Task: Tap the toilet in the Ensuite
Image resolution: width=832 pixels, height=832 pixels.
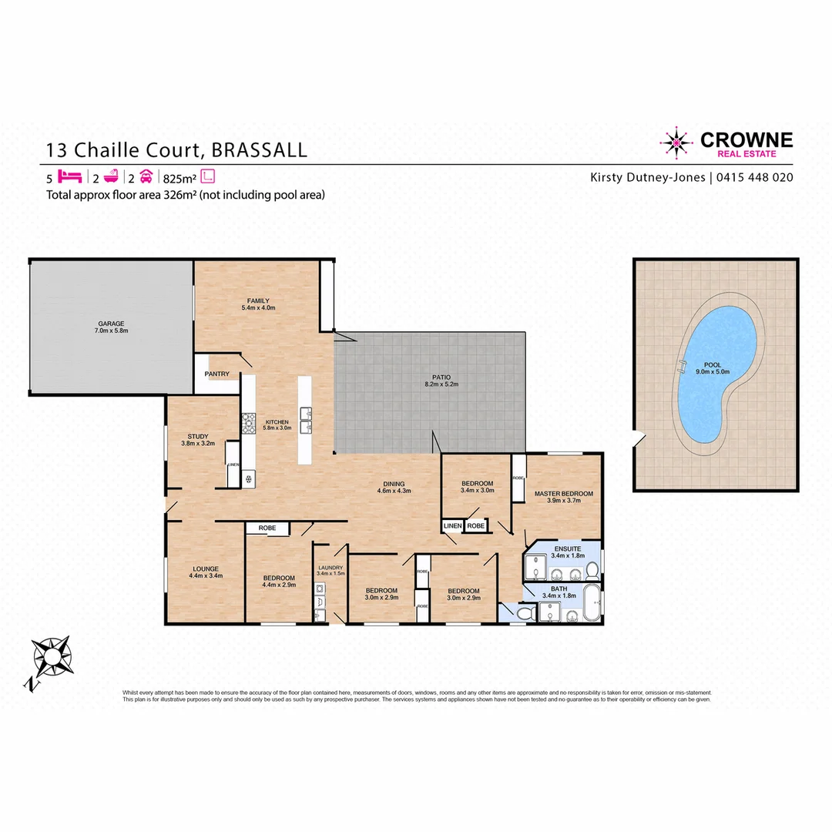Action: tap(591, 571)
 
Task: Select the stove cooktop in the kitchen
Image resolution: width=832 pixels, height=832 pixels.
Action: tap(249, 424)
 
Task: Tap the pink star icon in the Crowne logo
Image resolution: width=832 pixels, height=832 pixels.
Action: tap(676, 142)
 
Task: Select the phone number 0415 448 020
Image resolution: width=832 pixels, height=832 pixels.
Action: tap(755, 177)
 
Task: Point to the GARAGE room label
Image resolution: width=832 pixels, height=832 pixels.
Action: tap(111, 324)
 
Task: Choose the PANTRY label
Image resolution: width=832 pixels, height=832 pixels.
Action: tap(217, 374)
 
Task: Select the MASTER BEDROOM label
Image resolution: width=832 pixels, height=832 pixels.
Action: tap(565, 493)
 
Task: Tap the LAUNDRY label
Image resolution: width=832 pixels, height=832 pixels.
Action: tap(330, 567)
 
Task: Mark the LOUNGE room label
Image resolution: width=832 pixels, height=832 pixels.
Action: tap(205, 569)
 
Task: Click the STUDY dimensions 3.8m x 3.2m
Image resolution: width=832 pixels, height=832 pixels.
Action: tap(198, 444)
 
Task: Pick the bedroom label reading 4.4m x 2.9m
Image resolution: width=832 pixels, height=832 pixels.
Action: tap(278, 585)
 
